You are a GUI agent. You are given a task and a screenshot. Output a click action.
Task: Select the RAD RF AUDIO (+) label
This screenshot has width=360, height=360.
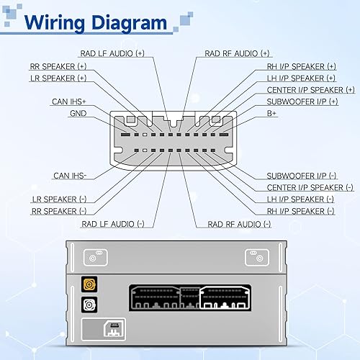238,53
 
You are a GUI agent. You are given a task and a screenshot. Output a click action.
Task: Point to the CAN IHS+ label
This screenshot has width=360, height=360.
71,102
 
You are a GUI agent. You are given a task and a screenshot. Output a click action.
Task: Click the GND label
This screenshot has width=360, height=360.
78,113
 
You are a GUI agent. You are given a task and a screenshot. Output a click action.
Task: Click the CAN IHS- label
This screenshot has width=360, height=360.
71,175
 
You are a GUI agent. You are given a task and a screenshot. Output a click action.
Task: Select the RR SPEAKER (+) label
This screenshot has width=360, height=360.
58,66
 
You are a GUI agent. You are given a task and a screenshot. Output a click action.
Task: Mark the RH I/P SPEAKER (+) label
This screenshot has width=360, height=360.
301,66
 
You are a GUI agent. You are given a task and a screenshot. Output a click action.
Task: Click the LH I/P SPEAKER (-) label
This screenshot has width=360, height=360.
300,199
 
